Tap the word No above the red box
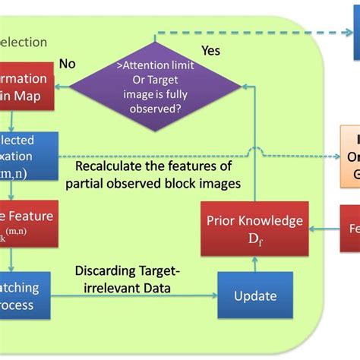(x=68, y=65)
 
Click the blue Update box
(x=255, y=295)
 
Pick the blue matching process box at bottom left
(x=26, y=295)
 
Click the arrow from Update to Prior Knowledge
(x=255, y=265)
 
